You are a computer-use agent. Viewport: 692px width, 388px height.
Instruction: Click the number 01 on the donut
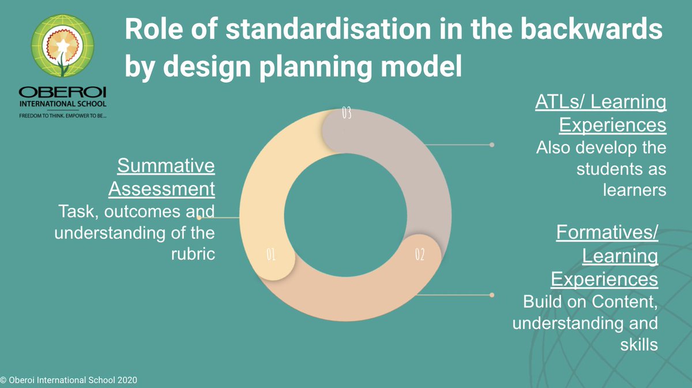click(x=270, y=254)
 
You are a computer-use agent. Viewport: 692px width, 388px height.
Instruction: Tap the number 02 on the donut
click(x=420, y=254)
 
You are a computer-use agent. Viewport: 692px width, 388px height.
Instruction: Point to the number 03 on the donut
click(x=346, y=113)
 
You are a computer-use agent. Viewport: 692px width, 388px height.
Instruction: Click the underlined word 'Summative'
click(x=166, y=166)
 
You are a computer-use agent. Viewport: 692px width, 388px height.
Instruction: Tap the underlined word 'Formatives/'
click(x=607, y=233)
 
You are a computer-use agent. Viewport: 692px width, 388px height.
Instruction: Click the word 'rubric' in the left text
click(x=193, y=254)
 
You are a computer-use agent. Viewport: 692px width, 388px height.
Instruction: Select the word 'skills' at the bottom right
click(x=638, y=345)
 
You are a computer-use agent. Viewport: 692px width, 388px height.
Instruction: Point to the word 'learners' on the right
click(x=634, y=190)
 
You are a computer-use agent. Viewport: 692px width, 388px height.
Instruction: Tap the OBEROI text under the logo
click(x=62, y=93)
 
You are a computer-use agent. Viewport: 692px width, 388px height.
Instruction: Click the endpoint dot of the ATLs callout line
click(x=492, y=145)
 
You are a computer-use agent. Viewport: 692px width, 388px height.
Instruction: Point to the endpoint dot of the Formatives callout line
click(x=492, y=295)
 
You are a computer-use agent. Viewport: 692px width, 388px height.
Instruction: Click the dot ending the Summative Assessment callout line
click(x=199, y=218)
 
